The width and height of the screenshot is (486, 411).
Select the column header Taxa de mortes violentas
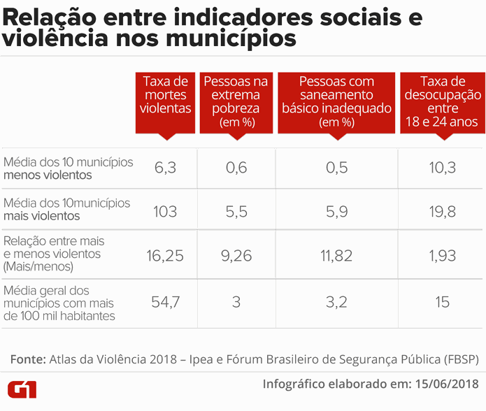click(165, 95)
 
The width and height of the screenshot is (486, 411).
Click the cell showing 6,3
click(165, 168)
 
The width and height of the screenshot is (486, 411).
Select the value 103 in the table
click(165, 210)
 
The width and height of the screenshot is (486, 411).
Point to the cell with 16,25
click(165, 256)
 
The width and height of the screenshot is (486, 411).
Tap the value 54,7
click(165, 303)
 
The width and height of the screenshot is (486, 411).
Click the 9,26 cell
click(236, 256)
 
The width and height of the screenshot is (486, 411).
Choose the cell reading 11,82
click(336, 256)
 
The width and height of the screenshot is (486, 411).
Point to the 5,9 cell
click(336, 210)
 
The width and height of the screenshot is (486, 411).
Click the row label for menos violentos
click(68, 168)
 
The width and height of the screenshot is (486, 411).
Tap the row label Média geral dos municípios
click(59, 303)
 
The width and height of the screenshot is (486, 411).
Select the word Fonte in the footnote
click(28, 359)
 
